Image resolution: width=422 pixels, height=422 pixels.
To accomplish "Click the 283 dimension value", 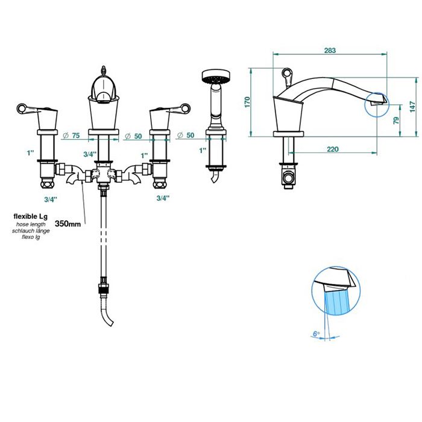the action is (x=330, y=50).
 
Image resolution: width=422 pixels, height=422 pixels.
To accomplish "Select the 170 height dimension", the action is (x=247, y=102).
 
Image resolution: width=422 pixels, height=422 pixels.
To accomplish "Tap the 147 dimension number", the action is (x=413, y=107).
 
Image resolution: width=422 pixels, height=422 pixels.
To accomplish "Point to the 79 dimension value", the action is (x=396, y=121).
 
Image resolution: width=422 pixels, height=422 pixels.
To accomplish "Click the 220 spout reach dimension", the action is (x=333, y=149).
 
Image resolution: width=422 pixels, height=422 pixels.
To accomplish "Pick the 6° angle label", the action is (x=316, y=334).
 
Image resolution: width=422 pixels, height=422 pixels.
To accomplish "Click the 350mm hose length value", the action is (x=68, y=224).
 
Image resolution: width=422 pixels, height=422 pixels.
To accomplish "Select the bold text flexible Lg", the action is (x=30, y=216).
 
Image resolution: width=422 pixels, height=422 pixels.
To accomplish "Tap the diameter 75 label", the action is (x=71, y=136).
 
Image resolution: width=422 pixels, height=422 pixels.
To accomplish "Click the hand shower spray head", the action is (x=216, y=76).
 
